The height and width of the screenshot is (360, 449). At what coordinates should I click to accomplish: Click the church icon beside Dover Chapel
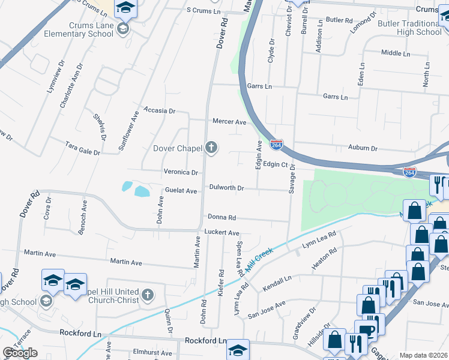coord(211,148)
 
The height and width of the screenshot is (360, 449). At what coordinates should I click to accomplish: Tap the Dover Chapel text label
coord(178,148)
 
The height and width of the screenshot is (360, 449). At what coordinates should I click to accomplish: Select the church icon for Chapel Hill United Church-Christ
coord(148,295)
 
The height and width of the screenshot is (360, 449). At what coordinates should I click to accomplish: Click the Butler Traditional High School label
coord(410,28)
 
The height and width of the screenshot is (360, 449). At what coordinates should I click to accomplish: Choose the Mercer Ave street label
coord(229,122)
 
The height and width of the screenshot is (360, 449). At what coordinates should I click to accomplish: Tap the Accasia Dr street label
coord(159,111)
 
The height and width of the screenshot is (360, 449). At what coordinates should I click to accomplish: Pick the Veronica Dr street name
coord(181,172)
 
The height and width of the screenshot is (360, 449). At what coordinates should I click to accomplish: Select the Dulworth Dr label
coord(226,188)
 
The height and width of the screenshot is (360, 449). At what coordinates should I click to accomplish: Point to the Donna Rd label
coord(222,217)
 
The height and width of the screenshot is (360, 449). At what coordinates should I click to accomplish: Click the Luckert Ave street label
coord(221,233)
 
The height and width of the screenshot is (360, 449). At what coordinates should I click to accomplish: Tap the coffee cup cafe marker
coord(366,331)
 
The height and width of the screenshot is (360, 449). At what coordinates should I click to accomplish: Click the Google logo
coord(20,353)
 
